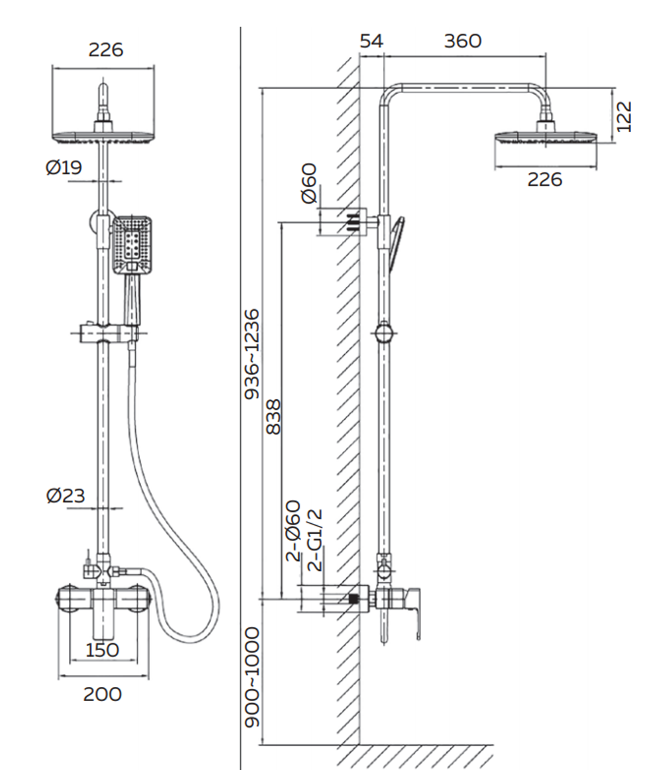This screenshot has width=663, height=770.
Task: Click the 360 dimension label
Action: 462,41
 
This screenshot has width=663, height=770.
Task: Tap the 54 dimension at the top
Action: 371,41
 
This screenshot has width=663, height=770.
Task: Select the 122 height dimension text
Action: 624,117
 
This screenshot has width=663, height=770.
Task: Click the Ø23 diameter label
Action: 66,495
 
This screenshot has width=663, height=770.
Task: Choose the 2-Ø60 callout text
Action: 294,531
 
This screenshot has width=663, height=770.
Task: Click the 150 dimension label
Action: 102,649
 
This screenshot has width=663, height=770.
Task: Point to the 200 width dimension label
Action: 102,694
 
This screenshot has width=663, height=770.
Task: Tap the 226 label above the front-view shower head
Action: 105,50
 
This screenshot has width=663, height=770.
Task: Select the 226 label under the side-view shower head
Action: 544,178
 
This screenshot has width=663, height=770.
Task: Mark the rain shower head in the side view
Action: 546,139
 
